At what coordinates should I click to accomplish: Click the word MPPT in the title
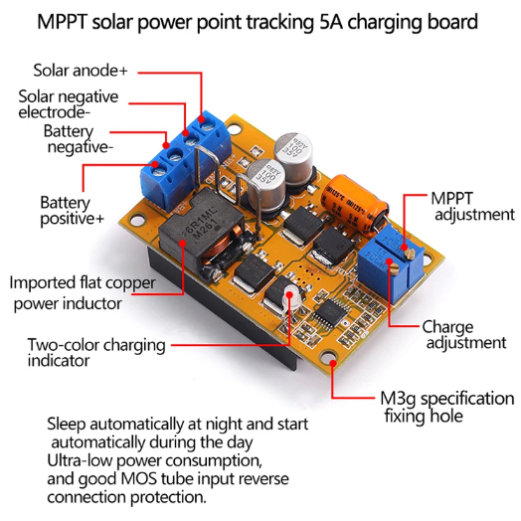coord(63,22)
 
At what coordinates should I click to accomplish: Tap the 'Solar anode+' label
coord(81,71)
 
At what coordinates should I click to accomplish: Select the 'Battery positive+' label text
coord(73,211)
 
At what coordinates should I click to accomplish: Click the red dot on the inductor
coord(182,243)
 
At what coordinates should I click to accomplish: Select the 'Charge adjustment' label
coord(464,335)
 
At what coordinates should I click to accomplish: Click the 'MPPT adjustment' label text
coord(472,207)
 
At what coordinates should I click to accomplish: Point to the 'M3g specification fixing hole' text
coord(446,407)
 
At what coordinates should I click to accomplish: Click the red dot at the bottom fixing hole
coord(333,363)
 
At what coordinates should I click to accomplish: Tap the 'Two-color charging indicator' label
coord(96,353)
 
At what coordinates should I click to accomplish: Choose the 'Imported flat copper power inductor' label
coord(83,293)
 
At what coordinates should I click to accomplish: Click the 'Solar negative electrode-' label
coord(69,104)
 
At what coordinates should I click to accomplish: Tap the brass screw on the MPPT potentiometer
coord(411,255)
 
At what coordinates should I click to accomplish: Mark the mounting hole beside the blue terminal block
coord(235,128)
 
